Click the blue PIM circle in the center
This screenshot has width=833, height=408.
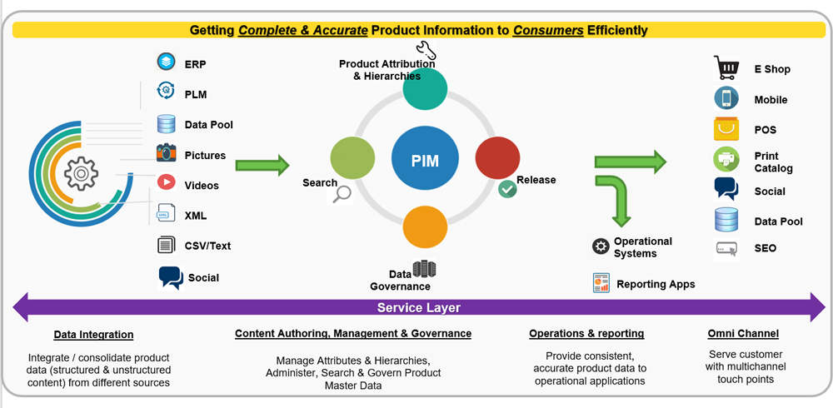pyautogui.click(x=425, y=158)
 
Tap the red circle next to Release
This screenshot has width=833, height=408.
pyautogui.click(x=497, y=157)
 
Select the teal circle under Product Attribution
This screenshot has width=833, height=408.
pyautogui.click(x=425, y=87)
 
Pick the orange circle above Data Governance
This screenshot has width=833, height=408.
pyautogui.click(x=425, y=227)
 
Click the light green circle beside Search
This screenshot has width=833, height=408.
pyautogui.click(x=352, y=157)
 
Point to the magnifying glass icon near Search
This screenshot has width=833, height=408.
pyautogui.click(x=342, y=195)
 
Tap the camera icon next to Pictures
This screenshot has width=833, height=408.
pyautogui.click(x=167, y=154)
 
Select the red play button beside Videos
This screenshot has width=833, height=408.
pyautogui.click(x=167, y=183)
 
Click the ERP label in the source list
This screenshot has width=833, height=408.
pyautogui.click(x=196, y=64)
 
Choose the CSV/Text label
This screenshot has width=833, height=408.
pyautogui.click(x=207, y=246)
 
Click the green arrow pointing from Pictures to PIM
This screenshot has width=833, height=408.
pyautogui.click(x=262, y=163)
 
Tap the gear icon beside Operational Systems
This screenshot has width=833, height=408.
pyautogui.click(x=601, y=246)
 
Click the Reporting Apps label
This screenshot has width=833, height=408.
pyautogui.click(x=656, y=284)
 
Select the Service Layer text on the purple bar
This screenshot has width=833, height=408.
pyautogui.click(x=419, y=307)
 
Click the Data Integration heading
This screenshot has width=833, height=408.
pyautogui.click(x=93, y=334)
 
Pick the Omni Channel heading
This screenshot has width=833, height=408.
pyautogui.click(x=742, y=333)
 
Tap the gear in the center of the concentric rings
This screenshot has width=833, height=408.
pyautogui.click(x=81, y=174)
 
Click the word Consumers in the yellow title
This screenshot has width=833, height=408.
pyautogui.click(x=547, y=30)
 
